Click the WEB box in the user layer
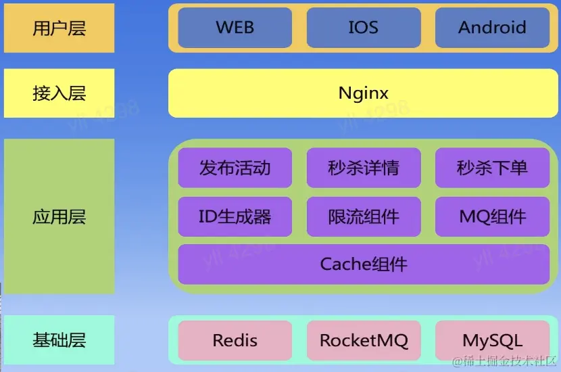coord(235,28)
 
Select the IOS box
coord(363,28)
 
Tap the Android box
coord(492,28)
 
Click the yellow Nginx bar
coord(364,93)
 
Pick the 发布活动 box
coord(235,168)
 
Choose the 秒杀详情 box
coord(363,168)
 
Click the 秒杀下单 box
coord(492,168)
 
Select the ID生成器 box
coord(235,216)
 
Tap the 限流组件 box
coord(363,216)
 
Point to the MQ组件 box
coord(492,216)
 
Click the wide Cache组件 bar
coord(364,264)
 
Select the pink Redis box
coord(235,340)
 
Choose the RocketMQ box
coord(363,340)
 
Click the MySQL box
coord(492,340)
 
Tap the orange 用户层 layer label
coord(59,28)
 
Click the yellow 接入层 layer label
coord(59,93)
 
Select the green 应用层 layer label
coord(59,216)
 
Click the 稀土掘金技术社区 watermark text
coord(506,361)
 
